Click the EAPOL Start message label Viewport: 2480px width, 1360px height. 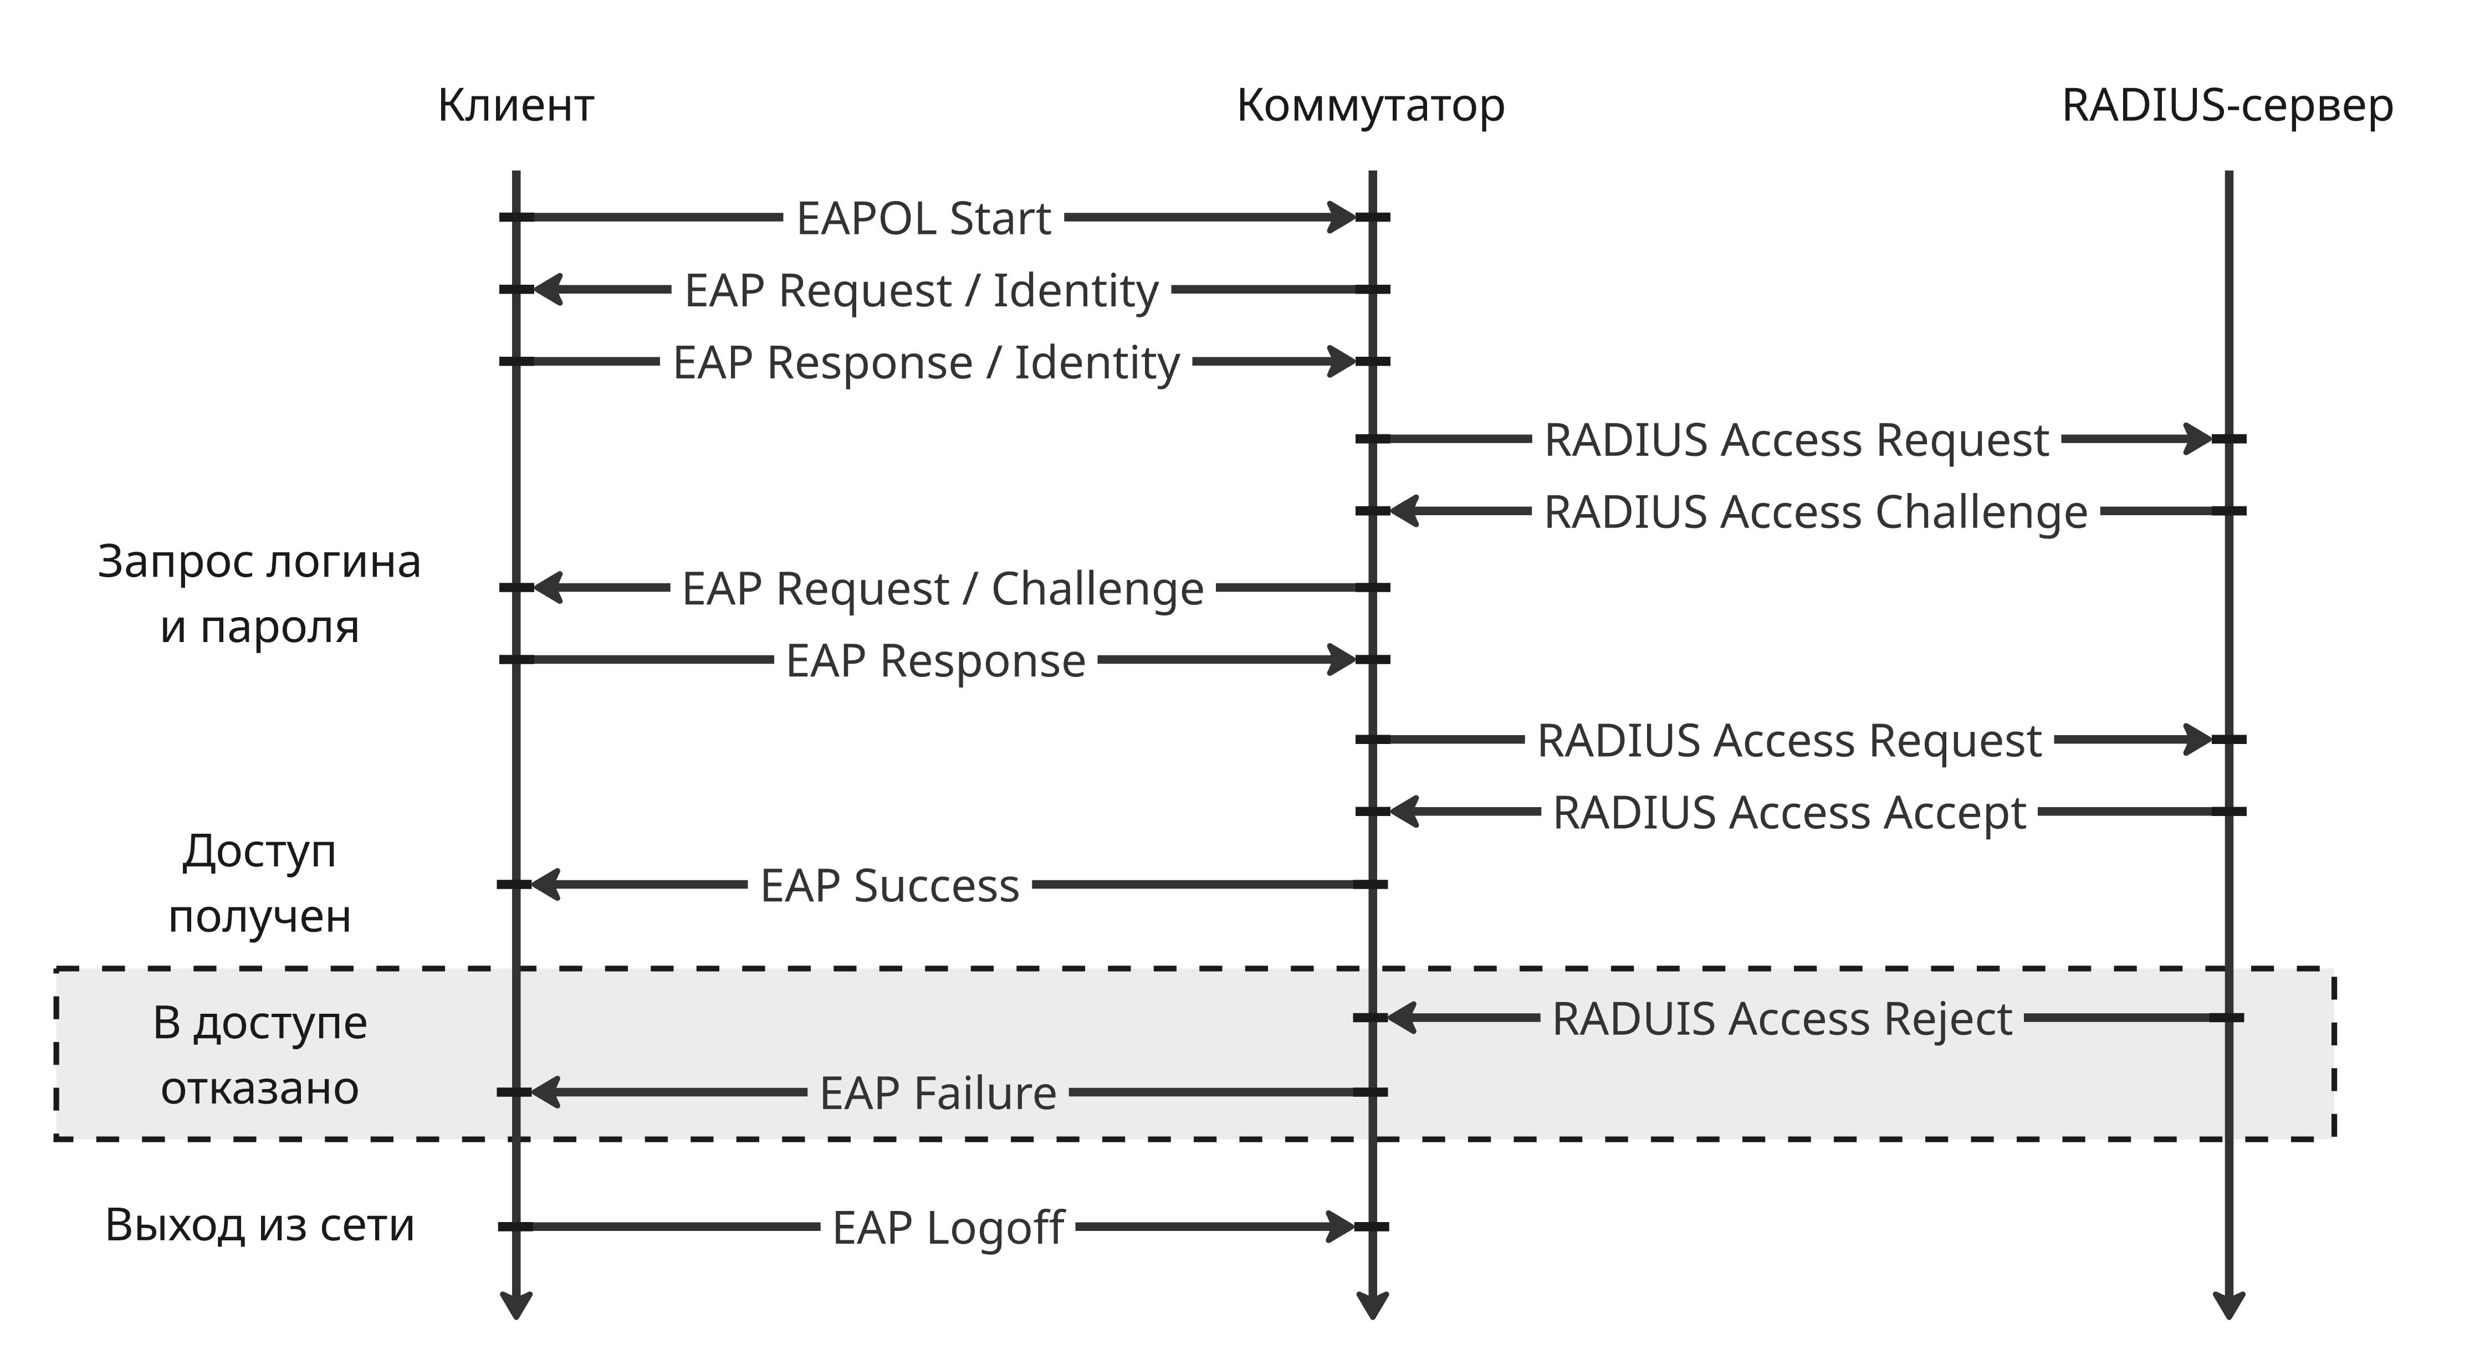pos(923,218)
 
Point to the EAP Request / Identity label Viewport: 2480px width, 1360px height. pos(921,291)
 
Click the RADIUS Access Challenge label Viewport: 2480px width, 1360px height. pos(1815,512)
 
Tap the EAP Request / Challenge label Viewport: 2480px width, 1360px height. pos(943,589)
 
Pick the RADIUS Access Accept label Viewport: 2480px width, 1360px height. pos(1789,813)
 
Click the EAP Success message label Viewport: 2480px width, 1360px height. pos(889,885)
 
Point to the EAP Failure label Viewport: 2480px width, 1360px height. pos(938,1094)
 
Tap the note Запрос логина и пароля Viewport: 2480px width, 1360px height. pos(259,594)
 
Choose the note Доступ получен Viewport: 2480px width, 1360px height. pos(259,884)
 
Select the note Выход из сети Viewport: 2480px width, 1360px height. pos(259,1225)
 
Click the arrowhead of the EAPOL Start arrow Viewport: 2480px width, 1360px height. pos(1342,218)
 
